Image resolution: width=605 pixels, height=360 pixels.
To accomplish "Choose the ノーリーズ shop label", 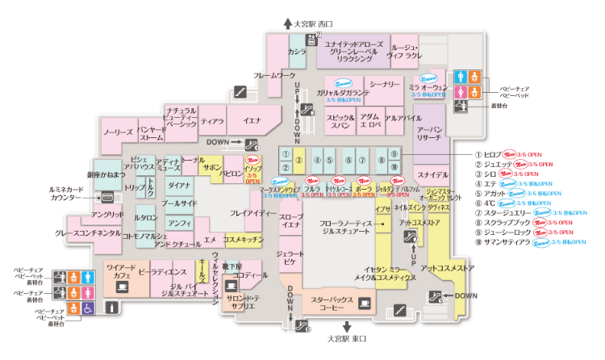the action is point(118,132).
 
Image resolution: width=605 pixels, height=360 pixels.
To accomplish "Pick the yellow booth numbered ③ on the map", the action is point(298,160).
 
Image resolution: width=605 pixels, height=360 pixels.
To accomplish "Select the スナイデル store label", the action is point(432,175).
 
